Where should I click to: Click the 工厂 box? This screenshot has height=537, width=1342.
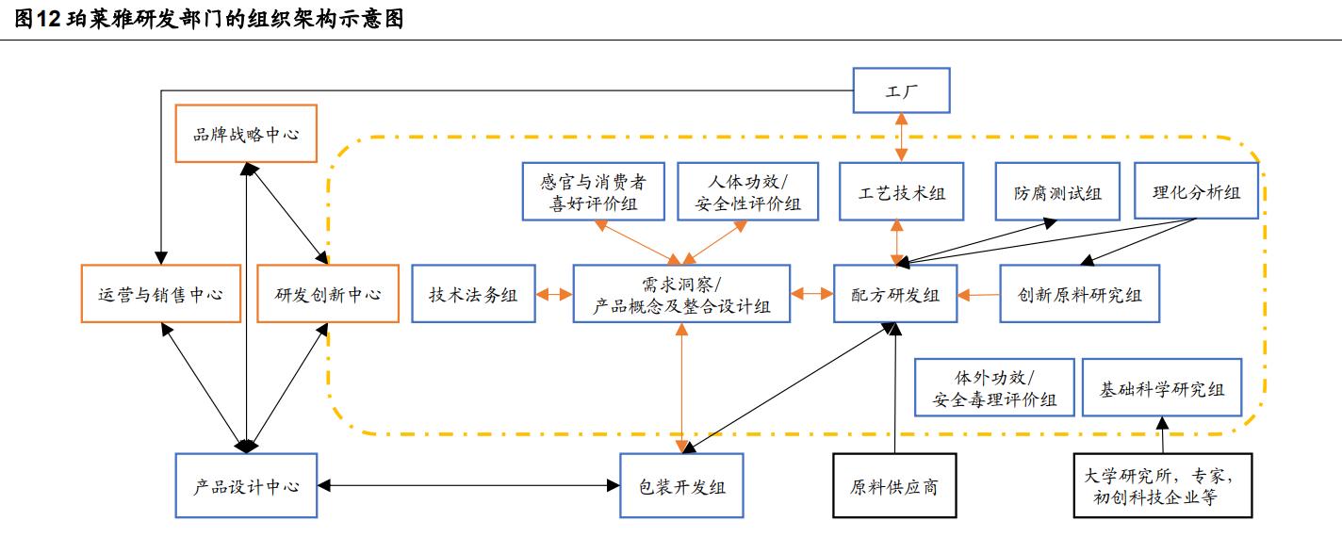[x=901, y=90]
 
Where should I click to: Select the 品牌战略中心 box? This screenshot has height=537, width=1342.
[x=246, y=134]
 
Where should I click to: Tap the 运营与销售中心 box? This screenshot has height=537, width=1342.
[x=160, y=294]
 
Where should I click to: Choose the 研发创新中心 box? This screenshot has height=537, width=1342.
[x=327, y=294]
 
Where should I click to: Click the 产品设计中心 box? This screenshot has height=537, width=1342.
[x=246, y=486]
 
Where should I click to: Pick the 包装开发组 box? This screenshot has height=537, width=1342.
[x=680, y=486]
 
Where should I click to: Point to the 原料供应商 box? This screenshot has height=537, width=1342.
[x=892, y=486]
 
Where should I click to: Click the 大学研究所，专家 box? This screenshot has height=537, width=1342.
[x=1163, y=486]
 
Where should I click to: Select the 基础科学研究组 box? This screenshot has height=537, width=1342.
[x=1162, y=387]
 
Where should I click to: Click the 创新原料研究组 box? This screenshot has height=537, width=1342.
[x=1079, y=294]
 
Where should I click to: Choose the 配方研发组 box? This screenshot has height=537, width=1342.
[x=894, y=294]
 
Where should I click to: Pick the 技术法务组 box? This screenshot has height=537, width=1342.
[x=473, y=294]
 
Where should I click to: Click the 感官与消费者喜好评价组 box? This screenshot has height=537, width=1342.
[x=593, y=192]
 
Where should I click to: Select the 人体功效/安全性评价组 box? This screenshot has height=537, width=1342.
[x=748, y=192]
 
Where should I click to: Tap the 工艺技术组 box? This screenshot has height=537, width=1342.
[x=902, y=192]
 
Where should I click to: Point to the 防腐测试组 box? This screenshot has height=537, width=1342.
[x=1057, y=192]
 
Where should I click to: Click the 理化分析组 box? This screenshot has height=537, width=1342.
[x=1196, y=192]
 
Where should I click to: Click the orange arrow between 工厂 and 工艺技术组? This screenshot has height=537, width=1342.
[x=902, y=138]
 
